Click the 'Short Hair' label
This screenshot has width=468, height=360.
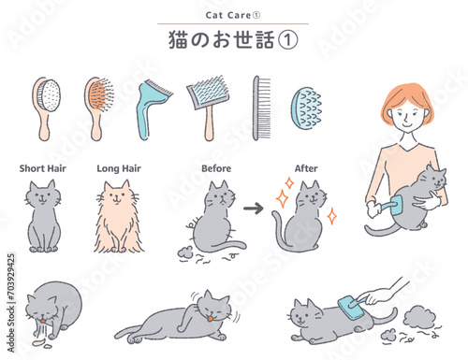pos(43,168)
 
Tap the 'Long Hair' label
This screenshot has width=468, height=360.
pos(119,168)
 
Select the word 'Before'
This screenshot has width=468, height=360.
pos(216,168)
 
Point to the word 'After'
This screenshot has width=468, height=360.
pos(306,168)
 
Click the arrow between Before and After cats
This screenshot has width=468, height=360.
pos(254,208)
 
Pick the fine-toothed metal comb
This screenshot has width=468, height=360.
pos(261,108)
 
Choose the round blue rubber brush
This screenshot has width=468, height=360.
pos(306,108)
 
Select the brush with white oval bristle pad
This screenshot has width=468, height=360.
pos(46,108)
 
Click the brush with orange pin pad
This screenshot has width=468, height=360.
pos(98,108)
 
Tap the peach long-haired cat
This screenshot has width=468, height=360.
pos(118,217)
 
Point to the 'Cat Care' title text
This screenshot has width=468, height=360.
pos(228,15)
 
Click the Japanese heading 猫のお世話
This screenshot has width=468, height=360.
pos(222,40)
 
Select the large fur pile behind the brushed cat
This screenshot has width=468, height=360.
pos(417,317)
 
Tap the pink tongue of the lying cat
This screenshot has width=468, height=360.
pos(211,318)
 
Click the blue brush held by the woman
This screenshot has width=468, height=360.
pos(390,206)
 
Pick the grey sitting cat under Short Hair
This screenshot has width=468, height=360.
pos(43,216)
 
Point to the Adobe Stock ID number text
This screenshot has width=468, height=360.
pos(11,303)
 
